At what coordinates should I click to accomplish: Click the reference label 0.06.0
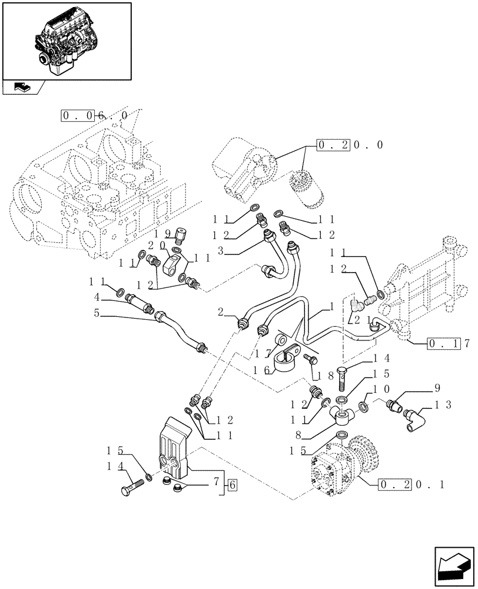point(94,115)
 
